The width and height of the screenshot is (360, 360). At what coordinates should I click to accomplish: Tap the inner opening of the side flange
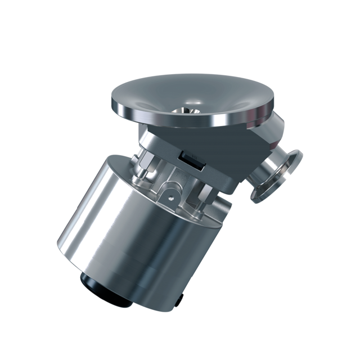[276, 174]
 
